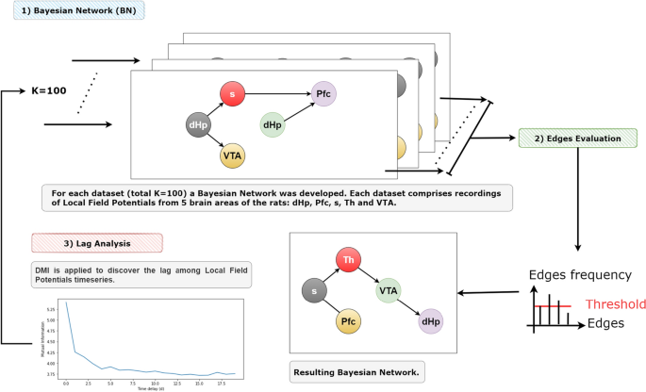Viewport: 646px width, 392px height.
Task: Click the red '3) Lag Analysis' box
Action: click(97, 243)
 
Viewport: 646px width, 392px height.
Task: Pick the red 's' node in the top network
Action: click(232, 94)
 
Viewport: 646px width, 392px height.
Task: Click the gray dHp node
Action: click(199, 124)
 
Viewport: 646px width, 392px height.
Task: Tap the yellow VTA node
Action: click(233, 155)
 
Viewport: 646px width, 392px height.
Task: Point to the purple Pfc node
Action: click(323, 94)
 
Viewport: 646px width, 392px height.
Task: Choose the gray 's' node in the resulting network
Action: click(314, 293)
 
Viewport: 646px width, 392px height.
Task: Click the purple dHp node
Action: click(430, 322)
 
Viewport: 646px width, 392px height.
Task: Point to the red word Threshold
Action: click(615, 304)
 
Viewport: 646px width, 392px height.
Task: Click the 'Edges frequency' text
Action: click(580, 274)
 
